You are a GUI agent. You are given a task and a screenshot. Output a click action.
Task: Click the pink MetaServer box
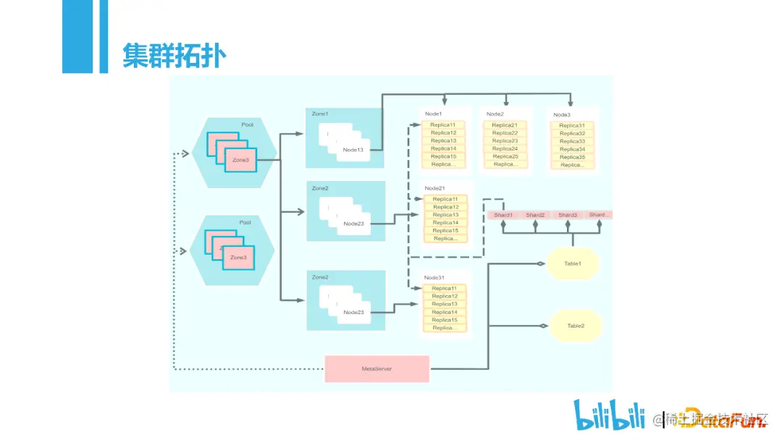pyautogui.click(x=377, y=369)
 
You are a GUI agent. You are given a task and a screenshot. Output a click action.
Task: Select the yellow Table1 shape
pyautogui.click(x=573, y=263)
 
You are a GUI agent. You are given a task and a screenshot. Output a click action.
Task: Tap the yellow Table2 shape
pyautogui.click(x=575, y=326)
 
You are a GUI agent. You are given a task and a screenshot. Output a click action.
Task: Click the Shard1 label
pyautogui.click(x=503, y=215)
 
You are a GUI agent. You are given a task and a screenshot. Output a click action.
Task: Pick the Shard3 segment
pyautogui.click(x=568, y=215)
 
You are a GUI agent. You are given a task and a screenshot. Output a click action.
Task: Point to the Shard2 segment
pyautogui.click(x=535, y=215)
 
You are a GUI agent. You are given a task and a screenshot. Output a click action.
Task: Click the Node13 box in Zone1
pyautogui.click(x=353, y=149)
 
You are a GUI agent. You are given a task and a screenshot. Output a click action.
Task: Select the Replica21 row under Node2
pyautogui.click(x=505, y=125)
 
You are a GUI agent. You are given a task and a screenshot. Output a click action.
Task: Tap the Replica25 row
pyautogui.click(x=505, y=156)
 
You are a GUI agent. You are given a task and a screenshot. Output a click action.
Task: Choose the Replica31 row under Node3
pyautogui.click(x=572, y=126)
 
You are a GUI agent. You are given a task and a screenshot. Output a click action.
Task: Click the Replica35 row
pyautogui.click(x=572, y=157)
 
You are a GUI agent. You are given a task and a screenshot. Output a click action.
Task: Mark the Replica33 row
pyautogui.click(x=572, y=141)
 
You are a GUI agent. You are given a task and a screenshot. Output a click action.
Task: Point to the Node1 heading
pyautogui.click(x=434, y=114)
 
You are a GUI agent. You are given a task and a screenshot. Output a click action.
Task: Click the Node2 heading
pyautogui.click(x=495, y=114)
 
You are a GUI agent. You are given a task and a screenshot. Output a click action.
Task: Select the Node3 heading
pyautogui.click(x=562, y=114)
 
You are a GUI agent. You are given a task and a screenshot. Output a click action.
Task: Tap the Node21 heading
pyautogui.click(x=435, y=187)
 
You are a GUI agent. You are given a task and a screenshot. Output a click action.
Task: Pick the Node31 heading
pyautogui.click(x=434, y=278)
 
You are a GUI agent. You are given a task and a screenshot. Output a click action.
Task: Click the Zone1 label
pyautogui.click(x=320, y=114)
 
